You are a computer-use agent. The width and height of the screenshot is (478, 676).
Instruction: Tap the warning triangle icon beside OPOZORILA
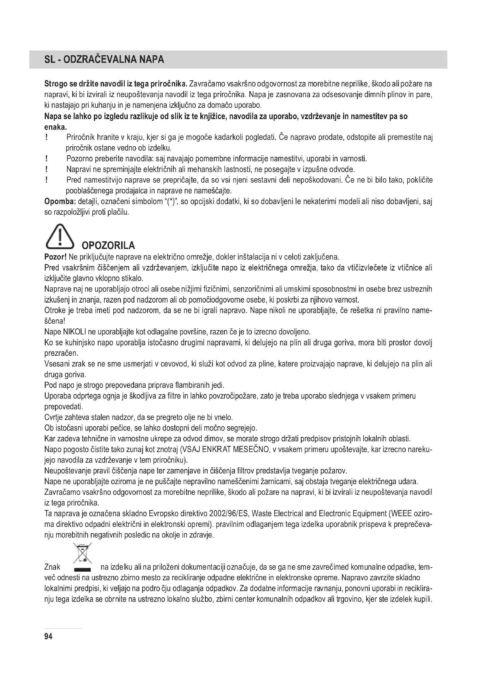click(x=60, y=236)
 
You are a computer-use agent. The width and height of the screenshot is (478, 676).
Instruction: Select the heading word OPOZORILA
click(x=108, y=245)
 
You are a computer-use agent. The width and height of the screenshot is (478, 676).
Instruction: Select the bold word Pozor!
click(x=55, y=257)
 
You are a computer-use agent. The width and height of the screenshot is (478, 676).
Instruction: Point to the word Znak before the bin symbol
click(x=52, y=567)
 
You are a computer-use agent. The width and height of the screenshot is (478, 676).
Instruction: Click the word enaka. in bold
click(x=55, y=127)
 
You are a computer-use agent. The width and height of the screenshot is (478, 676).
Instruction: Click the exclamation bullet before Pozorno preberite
click(x=47, y=159)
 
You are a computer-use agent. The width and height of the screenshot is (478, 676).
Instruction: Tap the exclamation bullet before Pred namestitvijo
click(x=47, y=180)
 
